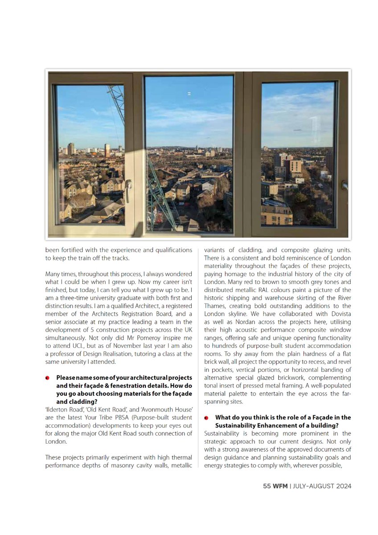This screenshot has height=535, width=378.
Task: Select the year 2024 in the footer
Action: click(x=343, y=486)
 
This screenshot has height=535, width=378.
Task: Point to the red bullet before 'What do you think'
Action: click(x=206, y=418)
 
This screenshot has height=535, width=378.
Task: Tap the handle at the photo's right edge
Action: click(x=345, y=184)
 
